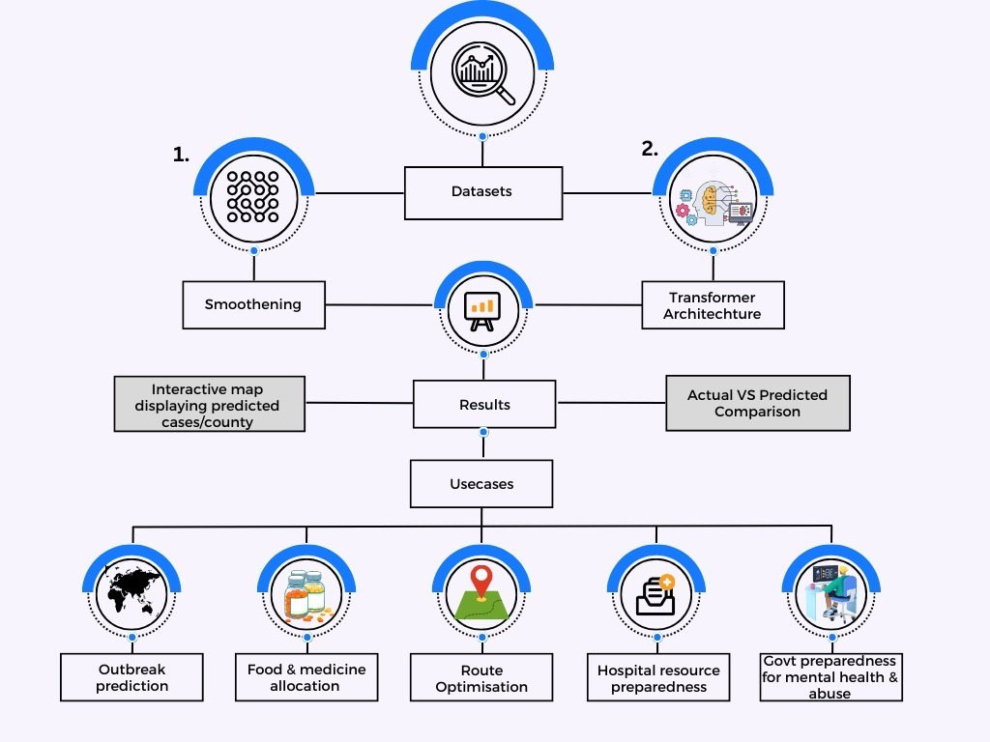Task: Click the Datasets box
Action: tap(482, 191)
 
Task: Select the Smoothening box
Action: tap(253, 304)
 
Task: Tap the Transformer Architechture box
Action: tap(713, 305)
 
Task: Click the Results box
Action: tap(484, 404)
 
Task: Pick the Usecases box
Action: tap(481, 483)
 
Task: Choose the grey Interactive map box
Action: tap(209, 404)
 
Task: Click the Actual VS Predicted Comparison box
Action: tap(758, 403)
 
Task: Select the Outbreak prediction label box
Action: tap(131, 677)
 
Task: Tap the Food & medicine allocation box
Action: tap(306, 677)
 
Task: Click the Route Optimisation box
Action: tap(481, 678)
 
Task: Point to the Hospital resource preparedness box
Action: tap(658, 678)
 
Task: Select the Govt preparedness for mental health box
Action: tap(830, 677)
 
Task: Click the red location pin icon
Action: tap(480, 585)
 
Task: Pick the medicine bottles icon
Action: tap(306, 592)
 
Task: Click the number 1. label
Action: tap(181, 154)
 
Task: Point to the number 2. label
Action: tap(650, 148)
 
